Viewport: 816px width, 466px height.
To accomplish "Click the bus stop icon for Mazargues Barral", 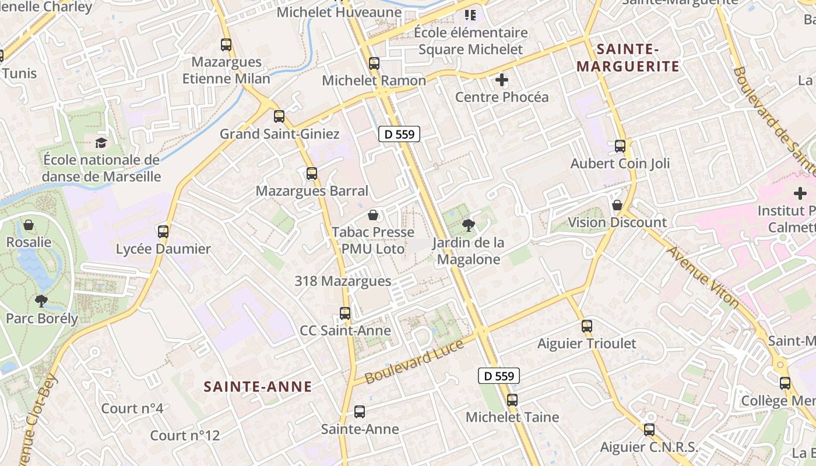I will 312,173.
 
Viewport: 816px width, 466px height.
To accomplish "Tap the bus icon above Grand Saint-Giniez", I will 279,116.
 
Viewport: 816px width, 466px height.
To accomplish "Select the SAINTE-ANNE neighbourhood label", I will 258,386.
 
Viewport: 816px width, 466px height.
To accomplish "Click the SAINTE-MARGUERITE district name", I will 628,57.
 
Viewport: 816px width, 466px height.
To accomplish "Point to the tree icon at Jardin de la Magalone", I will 468,225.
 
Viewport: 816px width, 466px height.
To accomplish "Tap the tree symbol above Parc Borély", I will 41,301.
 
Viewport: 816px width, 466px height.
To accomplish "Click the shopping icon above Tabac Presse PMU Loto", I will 373,215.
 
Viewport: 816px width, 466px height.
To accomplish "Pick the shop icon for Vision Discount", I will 617,205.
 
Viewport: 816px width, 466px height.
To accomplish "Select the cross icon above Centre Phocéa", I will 501,79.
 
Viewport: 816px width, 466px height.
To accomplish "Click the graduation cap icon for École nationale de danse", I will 101,143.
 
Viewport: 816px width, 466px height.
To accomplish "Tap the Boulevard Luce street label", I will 414,361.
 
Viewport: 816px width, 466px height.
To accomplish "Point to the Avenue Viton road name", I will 703,277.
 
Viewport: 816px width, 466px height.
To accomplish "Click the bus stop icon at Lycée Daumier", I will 163,231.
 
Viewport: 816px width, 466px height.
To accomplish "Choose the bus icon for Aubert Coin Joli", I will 620,146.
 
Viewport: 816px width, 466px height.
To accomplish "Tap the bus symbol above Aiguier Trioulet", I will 587,326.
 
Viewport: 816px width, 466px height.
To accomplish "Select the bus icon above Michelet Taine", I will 512,400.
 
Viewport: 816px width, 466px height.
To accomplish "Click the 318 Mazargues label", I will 343,281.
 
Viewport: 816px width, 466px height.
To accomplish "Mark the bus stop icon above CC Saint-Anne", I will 345,313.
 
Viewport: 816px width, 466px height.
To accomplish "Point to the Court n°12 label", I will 185,435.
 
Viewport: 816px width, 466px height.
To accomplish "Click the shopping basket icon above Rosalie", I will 29,225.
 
